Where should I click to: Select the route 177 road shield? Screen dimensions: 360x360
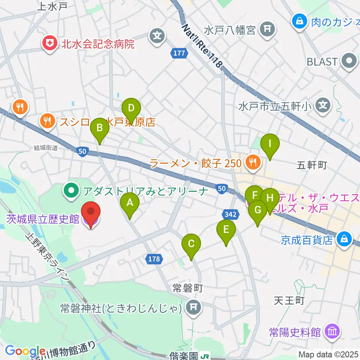point(179,53)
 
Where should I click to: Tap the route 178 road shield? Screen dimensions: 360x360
point(153,259)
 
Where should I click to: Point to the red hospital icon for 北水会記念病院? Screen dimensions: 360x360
point(49,44)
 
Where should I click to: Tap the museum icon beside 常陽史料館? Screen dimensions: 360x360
point(332,331)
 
